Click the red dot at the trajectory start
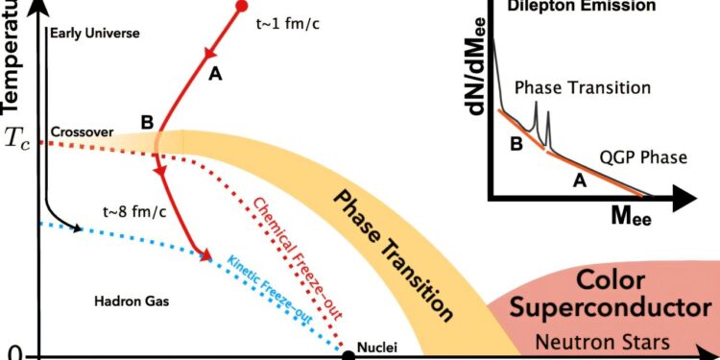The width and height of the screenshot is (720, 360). pos(241,7)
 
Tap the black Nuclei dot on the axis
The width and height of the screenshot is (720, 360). pos(349,354)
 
